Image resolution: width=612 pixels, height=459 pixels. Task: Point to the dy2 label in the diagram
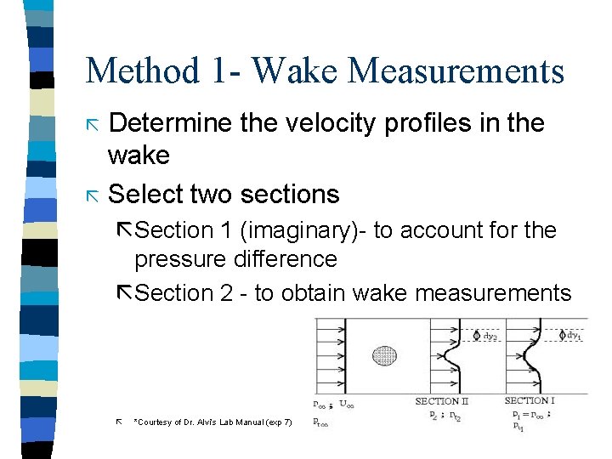click(x=490, y=337)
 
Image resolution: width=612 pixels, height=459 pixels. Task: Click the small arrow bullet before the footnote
click(x=119, y=421)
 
